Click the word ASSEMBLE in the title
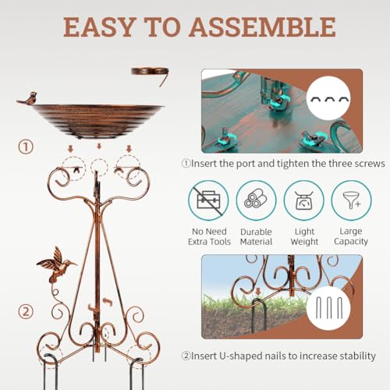point(262,27)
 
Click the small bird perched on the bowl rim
point(28,99)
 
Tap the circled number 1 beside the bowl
point(26,147)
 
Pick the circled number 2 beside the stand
point(26,311)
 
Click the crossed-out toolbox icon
point(208,200)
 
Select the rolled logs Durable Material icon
point(256,200)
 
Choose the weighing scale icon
point(303,200)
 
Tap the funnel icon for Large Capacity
point(351,200)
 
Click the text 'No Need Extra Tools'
point(209,236)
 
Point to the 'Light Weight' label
point(304,236)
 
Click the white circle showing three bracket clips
point(328,98)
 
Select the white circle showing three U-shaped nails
point(328,308)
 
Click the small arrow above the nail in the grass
point(258,292)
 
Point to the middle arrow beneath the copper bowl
point(99,147)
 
